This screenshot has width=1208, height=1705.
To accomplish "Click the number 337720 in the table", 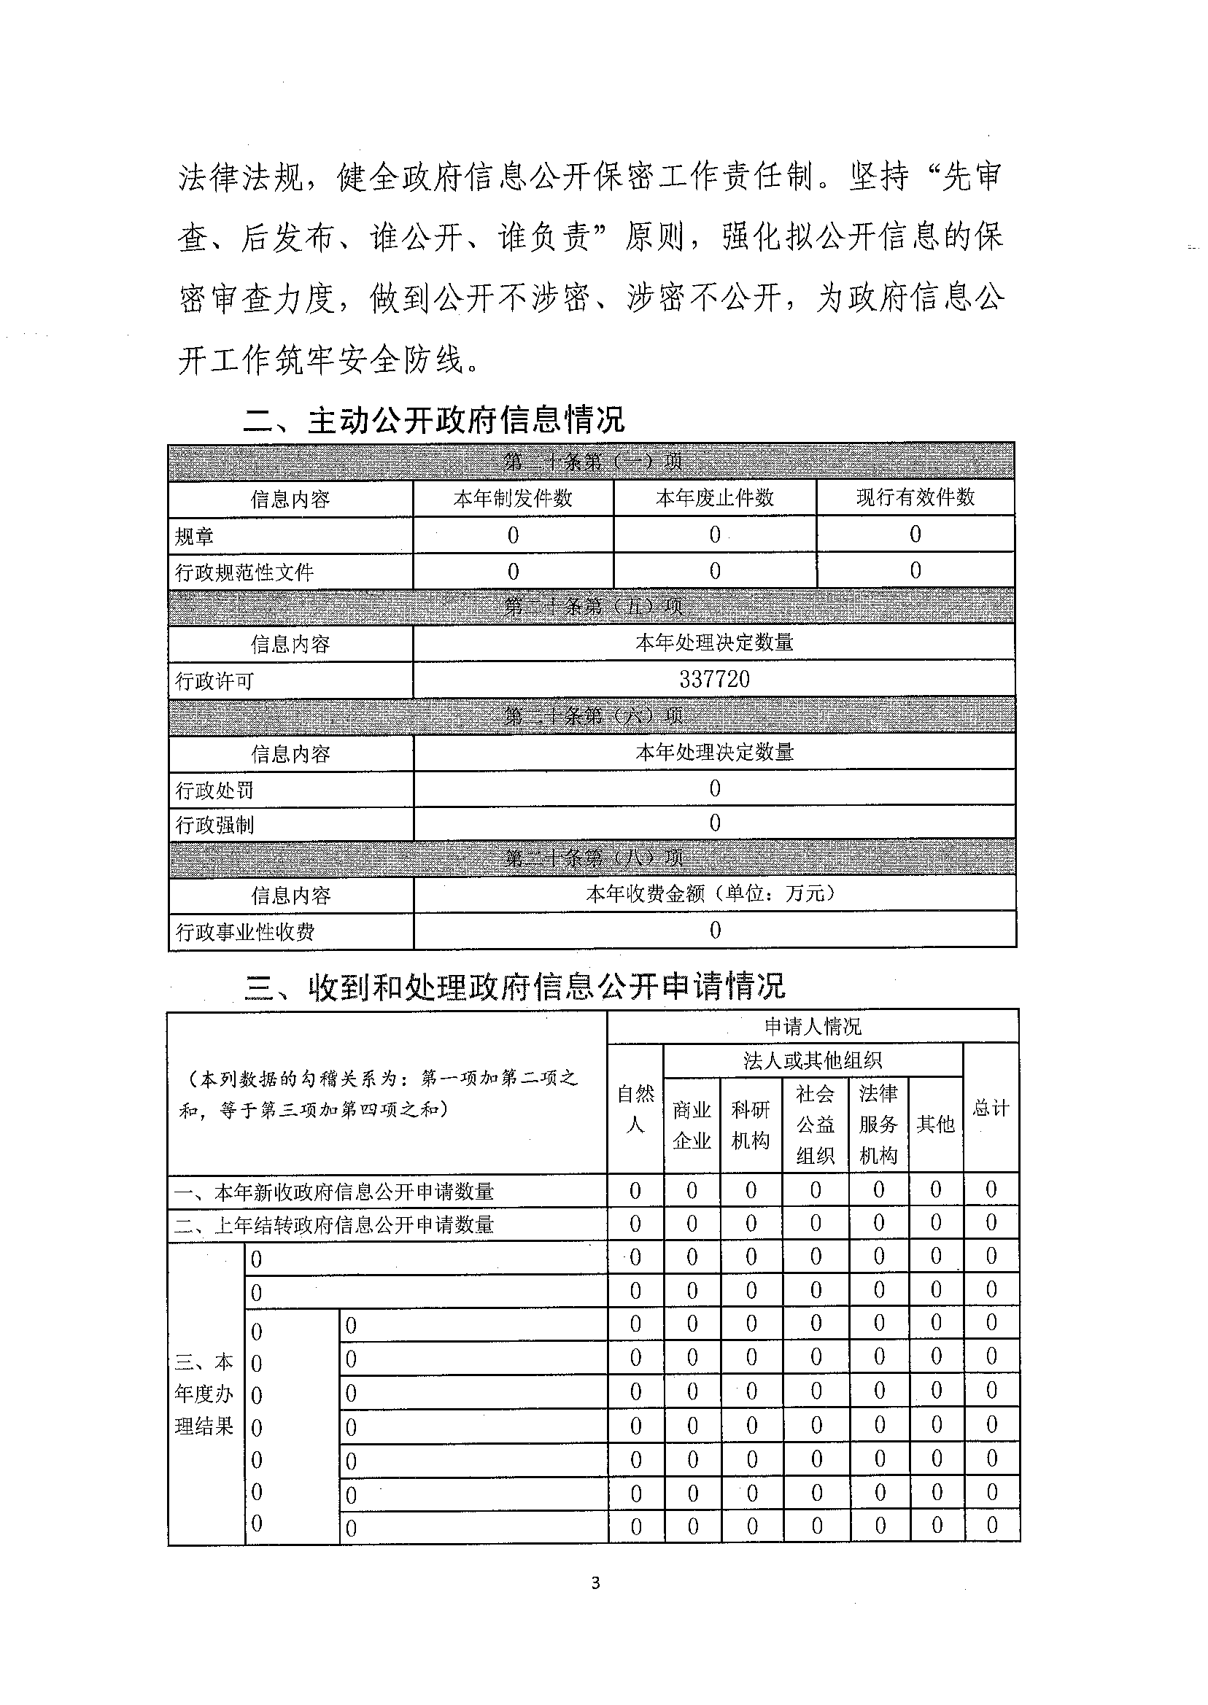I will (714, 679).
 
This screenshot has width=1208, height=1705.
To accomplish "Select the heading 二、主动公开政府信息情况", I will (433, 420).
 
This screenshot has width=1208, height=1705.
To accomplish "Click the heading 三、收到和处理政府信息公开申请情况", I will (514, 987).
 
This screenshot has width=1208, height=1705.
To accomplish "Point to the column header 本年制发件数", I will (513, 497).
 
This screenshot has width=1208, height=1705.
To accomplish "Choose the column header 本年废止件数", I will (714, 497).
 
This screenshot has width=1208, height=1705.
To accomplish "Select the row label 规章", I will (194, 535).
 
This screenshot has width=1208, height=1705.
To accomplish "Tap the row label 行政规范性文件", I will (244, 572).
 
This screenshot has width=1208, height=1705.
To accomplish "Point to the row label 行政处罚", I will (214, 790).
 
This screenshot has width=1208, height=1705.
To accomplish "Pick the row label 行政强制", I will (214, 825).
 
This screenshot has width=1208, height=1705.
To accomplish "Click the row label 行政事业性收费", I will (244, 932).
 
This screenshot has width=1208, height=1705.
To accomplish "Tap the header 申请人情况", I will (813, 1027).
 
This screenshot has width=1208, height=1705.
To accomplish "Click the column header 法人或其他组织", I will (813, 1060).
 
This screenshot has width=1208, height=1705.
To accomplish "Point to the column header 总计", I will (991, 1108).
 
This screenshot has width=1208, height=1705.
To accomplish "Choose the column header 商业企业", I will (692, 1125).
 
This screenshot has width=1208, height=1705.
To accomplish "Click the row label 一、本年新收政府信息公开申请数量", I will (334, 1192).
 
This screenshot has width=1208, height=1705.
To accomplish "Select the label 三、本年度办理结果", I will (204, 1394).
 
